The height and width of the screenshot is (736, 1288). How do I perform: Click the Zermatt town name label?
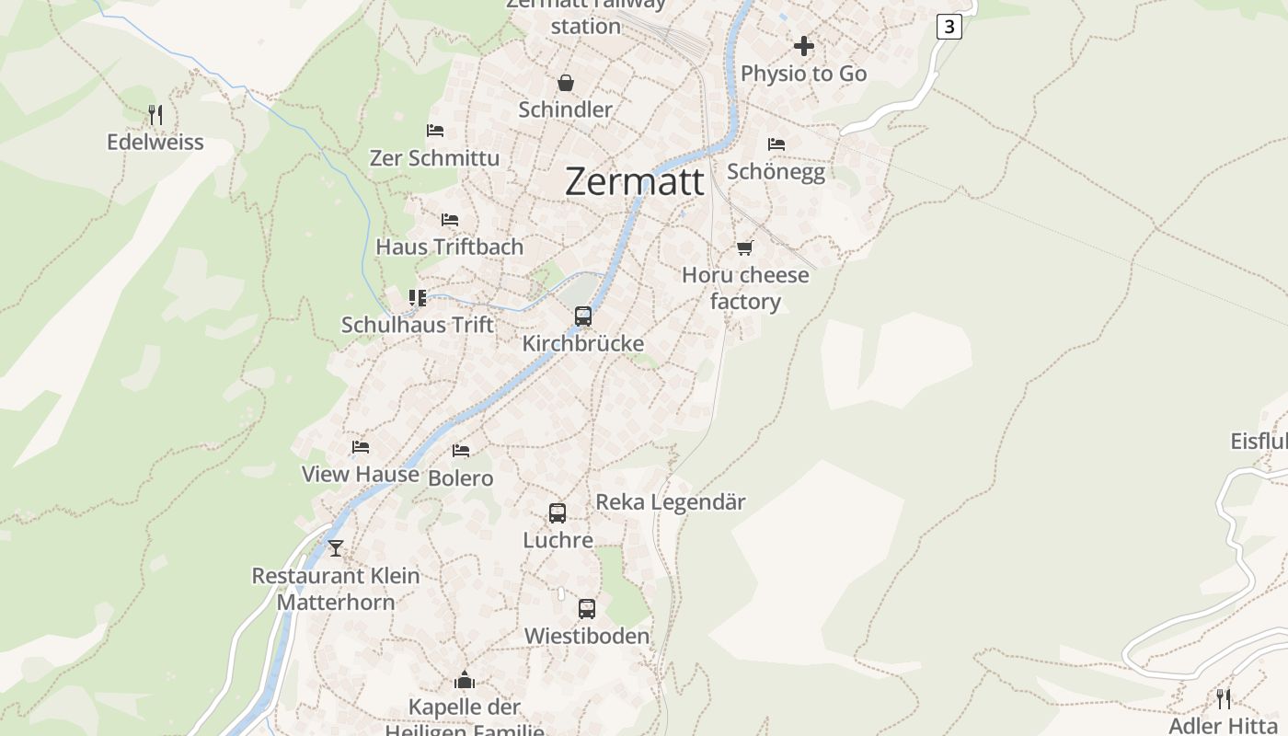(635, 181)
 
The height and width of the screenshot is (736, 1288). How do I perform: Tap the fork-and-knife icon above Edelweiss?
(155, 115)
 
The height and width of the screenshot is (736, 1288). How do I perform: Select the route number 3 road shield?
(949, 27)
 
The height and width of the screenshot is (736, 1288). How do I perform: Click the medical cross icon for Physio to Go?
(804, 46)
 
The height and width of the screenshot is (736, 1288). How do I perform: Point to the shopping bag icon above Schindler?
(565, 83)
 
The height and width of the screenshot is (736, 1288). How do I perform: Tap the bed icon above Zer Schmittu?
(435, 131)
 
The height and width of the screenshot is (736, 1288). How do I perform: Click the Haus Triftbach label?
(449, 247)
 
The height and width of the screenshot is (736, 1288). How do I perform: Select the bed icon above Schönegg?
(776, 144)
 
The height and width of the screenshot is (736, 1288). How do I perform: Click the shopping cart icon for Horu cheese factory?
(745, 247)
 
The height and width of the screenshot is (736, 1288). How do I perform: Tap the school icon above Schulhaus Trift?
(418, 297)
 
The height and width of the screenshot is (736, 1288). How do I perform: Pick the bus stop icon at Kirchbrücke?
(583, 316)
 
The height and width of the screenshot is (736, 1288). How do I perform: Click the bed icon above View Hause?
(361, 447)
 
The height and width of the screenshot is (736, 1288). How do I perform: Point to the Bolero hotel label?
(461, 478)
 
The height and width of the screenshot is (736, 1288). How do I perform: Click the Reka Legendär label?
(671, 502)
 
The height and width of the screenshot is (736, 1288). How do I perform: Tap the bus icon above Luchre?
(558, 513)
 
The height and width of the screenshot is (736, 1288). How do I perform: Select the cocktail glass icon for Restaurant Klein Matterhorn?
(336, 548)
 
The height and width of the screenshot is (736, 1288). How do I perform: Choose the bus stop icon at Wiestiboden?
(587, 608)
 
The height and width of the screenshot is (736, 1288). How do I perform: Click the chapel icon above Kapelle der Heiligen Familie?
(465, 680)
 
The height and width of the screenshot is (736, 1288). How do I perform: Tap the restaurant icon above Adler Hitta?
(1224, 699)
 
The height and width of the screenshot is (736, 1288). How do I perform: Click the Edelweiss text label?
(155, 143)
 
